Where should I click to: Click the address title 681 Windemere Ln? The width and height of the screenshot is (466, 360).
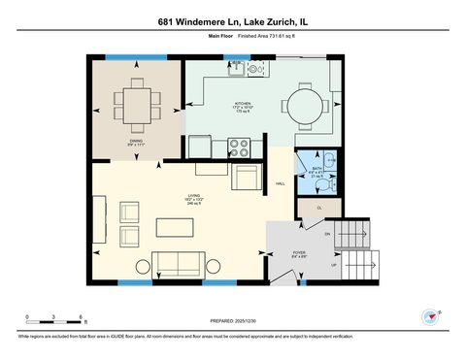232,20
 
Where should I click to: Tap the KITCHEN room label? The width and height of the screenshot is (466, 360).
242,104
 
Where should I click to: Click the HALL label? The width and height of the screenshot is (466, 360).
281,183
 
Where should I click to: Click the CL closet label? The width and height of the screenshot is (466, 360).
319,208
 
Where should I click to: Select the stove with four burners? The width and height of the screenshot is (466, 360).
240,147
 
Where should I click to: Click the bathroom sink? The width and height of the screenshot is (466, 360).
329,160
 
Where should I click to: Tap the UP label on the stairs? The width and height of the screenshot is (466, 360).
335,263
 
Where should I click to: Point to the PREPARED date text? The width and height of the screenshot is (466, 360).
233,320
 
